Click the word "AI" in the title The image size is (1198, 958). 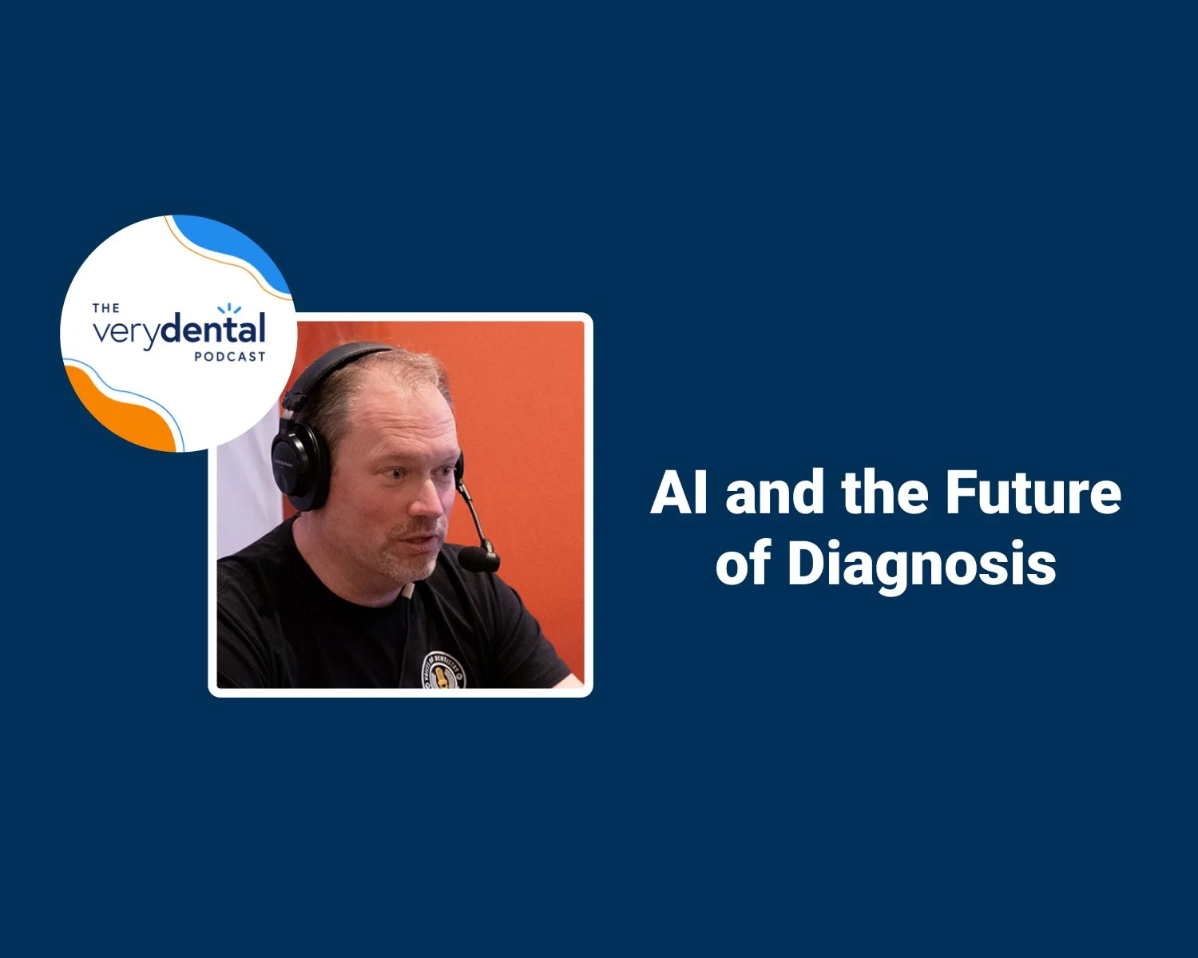(x=679, y=493)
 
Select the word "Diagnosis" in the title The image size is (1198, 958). (x=922, y=565)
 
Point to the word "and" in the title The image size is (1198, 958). (x=775, y=493)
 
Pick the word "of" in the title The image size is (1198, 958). (x=742, y=565)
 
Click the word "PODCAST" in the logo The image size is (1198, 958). (x=229, y=357)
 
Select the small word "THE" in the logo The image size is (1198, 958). (x=106, y=308)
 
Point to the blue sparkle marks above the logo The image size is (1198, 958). (x=229, y=308)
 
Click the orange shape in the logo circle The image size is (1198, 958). (x=120, y=407)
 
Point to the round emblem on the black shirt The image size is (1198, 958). (x=444, y=669)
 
